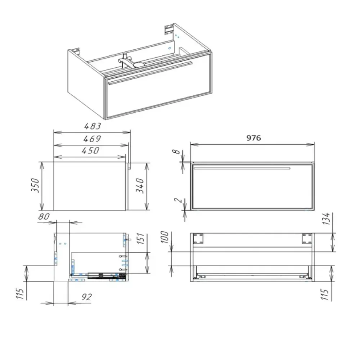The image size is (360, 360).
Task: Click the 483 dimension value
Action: (93, 126)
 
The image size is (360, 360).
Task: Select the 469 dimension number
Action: (92, 139)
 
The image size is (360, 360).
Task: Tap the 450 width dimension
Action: (90, 150)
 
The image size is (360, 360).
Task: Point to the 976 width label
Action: (253, 138)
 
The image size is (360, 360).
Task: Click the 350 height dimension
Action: (36, 185)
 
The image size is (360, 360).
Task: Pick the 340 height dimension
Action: (140, 186)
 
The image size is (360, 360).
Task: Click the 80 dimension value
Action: (44, 216)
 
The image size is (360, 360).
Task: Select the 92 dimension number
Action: (86, 297)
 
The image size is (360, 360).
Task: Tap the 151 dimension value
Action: (141, 238)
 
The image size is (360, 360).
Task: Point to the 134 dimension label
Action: (327, 219)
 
